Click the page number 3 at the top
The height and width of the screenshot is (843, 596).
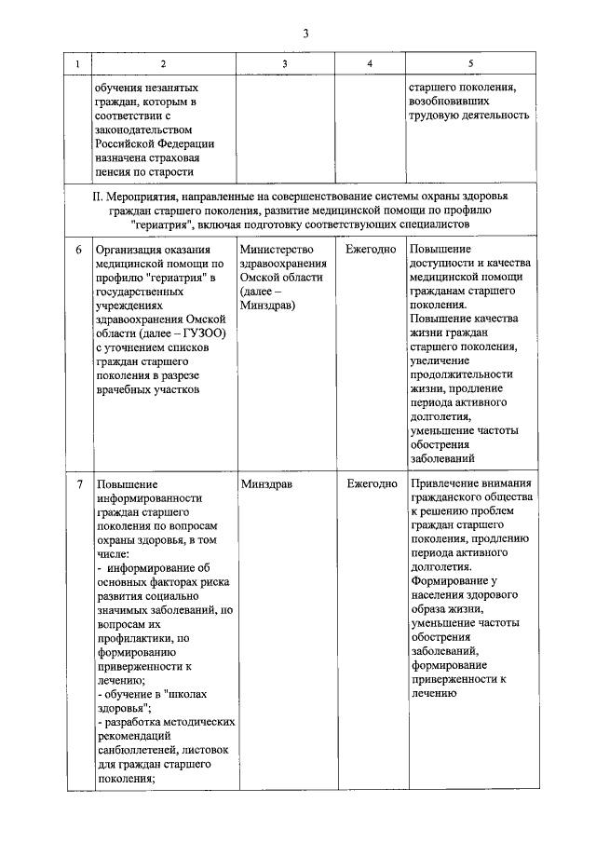305,34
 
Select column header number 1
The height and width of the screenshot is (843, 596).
77,63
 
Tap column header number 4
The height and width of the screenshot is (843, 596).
370,63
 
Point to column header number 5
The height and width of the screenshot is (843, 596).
470,63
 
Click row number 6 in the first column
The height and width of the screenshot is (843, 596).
78,250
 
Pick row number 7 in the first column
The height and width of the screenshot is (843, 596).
78,484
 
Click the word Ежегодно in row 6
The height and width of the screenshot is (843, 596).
371,250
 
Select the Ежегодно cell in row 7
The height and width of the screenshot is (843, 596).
371,484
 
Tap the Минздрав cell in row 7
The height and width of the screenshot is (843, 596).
267,484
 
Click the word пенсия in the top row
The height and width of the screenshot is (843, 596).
116,171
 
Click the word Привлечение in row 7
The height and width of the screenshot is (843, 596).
444,484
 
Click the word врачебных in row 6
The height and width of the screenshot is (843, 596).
124,388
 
